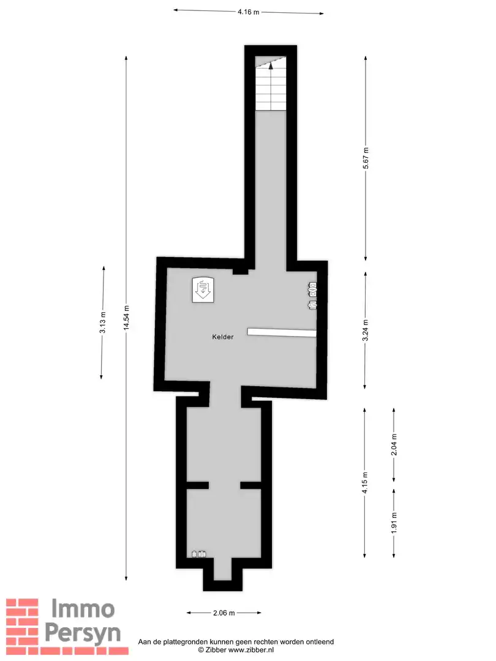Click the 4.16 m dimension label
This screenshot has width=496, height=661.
(x=249, y=12)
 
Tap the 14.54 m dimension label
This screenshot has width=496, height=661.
(x=127, y=318)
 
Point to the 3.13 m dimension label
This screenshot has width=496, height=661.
(x=103, y=323)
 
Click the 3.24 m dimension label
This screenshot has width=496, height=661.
(x=366, y=330)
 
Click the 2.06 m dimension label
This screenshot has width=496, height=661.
(x=224, y=612)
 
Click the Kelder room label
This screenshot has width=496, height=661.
(x=223, y=337)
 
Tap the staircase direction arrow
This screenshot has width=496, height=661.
(x=270, y=69)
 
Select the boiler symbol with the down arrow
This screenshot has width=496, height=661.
(x=202, y=288)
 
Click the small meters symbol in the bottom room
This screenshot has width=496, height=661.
(x=199, y=555)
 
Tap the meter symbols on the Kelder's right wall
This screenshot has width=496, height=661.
(x=312, y=296)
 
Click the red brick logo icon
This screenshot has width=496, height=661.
(x=23, y=621)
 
